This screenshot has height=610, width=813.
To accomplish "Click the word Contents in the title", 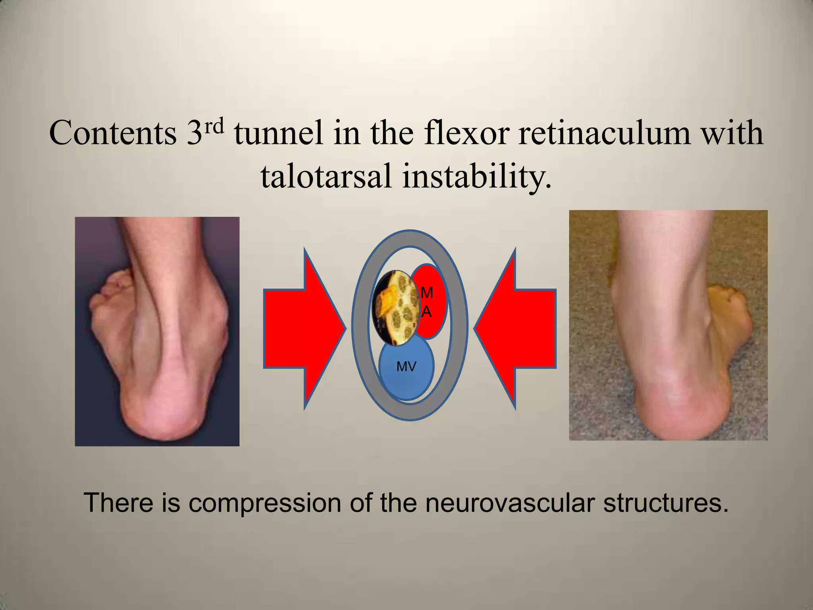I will [113, 133].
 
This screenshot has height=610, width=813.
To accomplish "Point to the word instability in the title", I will [476, 176].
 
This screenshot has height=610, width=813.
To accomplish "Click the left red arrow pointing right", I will [302, 329].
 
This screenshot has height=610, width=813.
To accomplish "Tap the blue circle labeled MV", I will [406, 367].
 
